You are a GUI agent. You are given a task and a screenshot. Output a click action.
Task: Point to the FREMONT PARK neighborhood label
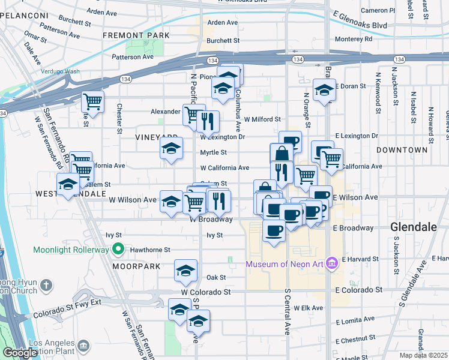(136, 35)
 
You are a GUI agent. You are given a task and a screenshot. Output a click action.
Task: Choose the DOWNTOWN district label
(402, 149)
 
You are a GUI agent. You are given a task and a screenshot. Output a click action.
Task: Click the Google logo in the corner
(20, 353)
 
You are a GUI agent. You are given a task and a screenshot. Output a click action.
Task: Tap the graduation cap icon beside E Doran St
(324, 90)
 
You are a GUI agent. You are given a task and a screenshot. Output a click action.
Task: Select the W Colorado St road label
(208, 292)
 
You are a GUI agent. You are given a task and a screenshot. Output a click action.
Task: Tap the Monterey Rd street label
(353, 38)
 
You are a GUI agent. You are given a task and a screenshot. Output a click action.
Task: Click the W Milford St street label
(262, 119)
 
